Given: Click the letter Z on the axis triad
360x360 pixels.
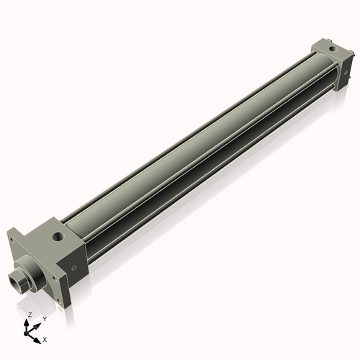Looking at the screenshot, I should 29,315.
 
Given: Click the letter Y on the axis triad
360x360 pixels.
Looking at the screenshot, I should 44,318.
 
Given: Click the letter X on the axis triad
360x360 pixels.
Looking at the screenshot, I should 45,338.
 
